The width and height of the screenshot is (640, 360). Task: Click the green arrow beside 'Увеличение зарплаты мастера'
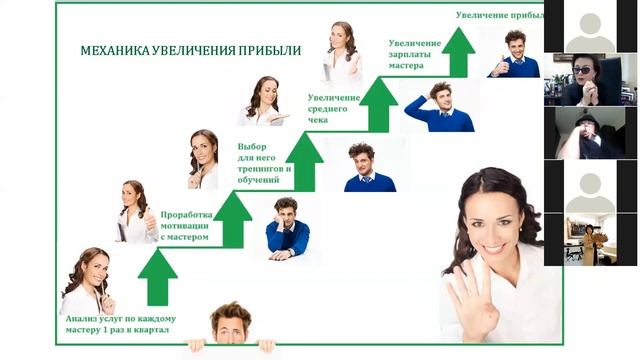459,53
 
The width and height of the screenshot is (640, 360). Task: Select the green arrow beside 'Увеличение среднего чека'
379,106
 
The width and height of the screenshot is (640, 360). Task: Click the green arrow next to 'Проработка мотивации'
233,220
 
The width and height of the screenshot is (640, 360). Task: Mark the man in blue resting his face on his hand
288,228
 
